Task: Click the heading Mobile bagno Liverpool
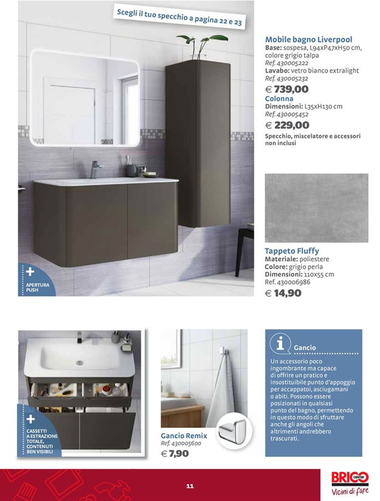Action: [309, 39]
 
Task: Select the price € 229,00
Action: [287, 125]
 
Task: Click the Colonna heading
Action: [279, 99]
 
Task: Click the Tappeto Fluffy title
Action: [292, 251]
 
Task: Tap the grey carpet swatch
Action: [316, 208]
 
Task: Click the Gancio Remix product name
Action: [184, 436]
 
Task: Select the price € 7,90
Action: [175, 454]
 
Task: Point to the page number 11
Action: [190, 486]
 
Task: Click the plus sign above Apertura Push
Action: [30, 272]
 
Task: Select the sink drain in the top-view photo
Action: [80, 362]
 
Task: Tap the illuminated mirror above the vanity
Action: [86, 97]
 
